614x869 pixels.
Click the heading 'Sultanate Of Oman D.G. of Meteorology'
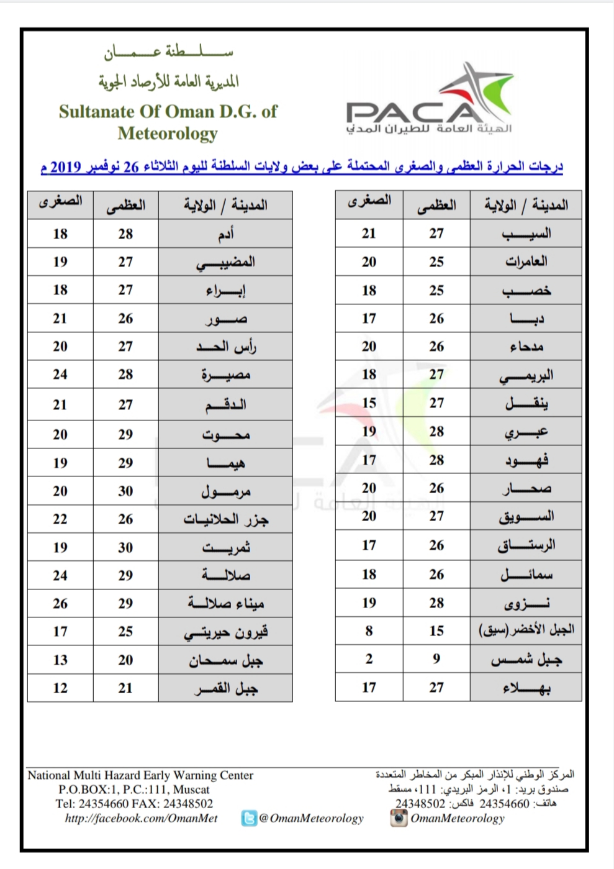(x=168, y=122)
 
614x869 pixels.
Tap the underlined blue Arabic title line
(x=302, y=167)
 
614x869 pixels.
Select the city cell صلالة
(x=225, y=575)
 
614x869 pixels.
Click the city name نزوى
(x=526, y=603)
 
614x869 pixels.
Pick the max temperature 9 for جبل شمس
(x=436, y=659)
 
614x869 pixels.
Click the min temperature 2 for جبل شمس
(x=369, y=659)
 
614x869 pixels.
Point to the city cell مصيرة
(x=225, y=375)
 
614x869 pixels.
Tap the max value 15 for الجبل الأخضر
(x=436, y=631)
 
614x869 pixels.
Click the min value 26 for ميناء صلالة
(x=60, y=603)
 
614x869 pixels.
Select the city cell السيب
(x=526, y=234)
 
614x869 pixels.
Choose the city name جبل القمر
(x=225, y=688)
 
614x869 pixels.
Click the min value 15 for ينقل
(x=369, y=403)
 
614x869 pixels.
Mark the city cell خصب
(x=526, y=291)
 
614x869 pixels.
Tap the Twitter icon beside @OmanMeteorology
(x=249, y=818)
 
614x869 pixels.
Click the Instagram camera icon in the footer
(x=399, y=818)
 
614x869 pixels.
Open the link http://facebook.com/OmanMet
(x=142, y=818)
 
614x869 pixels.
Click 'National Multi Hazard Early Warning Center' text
(x=140, y=775)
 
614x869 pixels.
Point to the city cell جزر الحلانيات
(x=225, y=519)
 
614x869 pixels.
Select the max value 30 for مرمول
(x=125, y=491)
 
